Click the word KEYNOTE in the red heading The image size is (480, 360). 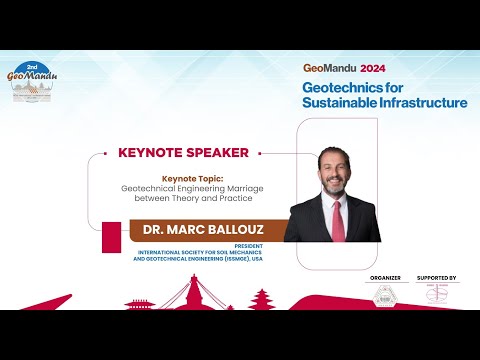click(x=150, y=153)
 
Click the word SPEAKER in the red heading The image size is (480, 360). click(x=218, y=153)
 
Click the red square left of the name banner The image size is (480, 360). click(x=112, y=238)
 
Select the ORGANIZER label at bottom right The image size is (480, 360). click(x=385, y=277)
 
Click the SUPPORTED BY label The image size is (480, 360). click(x=436, y=277)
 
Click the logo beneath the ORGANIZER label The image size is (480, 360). click(x=385, y=295)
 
